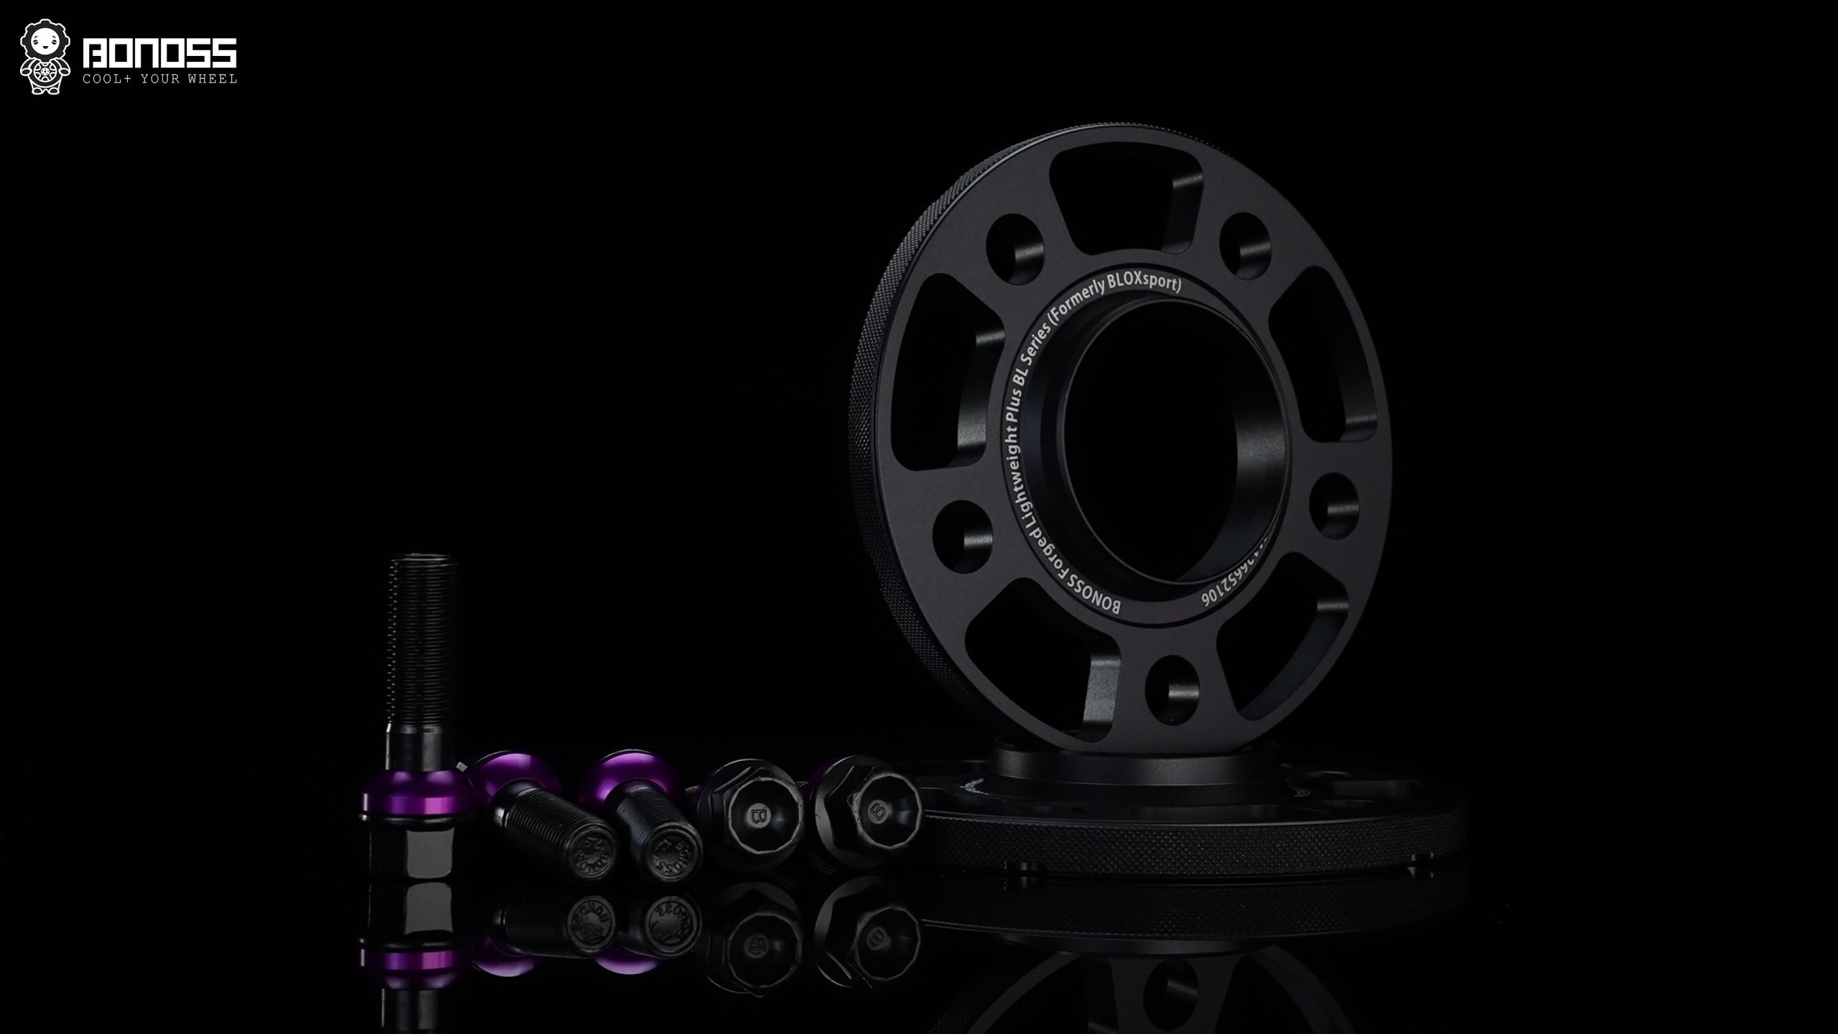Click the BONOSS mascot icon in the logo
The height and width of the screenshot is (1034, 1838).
[45, 57]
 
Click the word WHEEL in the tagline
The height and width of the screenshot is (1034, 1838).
[213, 79]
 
